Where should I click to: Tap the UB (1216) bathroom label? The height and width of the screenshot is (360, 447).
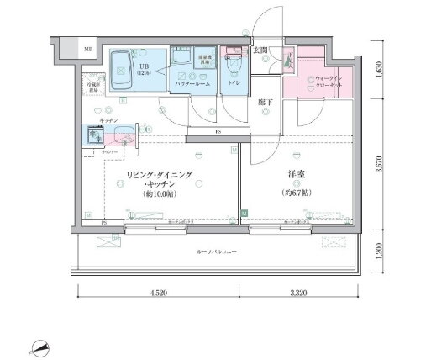pyautogui.click(x=144, y=68)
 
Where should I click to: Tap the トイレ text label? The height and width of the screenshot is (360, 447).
pyautogui.click(x=236, y=84)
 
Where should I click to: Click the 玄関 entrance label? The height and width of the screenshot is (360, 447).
pyautogui.click(x=260, y=51)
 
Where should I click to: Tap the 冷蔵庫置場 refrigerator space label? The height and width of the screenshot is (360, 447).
pyautogui.click(x=92, y=88)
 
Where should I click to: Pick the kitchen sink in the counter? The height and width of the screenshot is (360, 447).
pyautogui.click(x=94, y=135)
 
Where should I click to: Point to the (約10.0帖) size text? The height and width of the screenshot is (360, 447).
pyautogui.click(x=160, y=195)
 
